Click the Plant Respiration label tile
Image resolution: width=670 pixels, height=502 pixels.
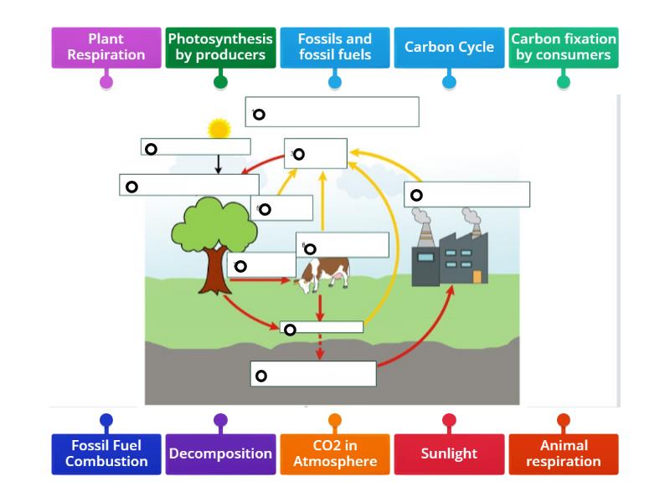click(x=106, y=48)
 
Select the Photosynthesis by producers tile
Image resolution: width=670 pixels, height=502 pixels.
click(x=220, y=48)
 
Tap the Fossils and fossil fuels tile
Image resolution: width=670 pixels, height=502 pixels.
click(x=335, y=48)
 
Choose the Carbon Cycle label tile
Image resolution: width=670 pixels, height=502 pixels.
click(x=449, y=48)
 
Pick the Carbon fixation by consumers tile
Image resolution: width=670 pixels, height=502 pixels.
click(x=564, y=48)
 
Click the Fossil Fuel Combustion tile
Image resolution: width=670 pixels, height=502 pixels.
click(x=106, y=453)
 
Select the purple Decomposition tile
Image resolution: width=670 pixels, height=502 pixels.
click(x=220, y=453)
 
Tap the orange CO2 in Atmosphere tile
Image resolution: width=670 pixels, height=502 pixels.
click(x=335, y=453)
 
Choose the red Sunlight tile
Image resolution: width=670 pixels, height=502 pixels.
click(x=449, y=453)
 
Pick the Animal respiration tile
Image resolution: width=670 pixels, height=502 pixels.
click(x=564, y=453)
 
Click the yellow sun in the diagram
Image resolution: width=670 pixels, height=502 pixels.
click(x=219, y=129)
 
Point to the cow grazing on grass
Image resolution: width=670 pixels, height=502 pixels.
click(x=325, y=274)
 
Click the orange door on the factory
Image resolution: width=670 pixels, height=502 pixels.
click(x=477, y=276)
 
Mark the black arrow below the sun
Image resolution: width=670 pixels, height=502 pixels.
click(x=218, y=164)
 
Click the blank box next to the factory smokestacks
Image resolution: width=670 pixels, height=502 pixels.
click(x=466, y=194)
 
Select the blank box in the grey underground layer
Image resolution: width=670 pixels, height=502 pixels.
click(x=313, y=374)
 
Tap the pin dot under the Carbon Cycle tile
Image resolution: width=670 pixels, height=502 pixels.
click(x=449, y=82)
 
